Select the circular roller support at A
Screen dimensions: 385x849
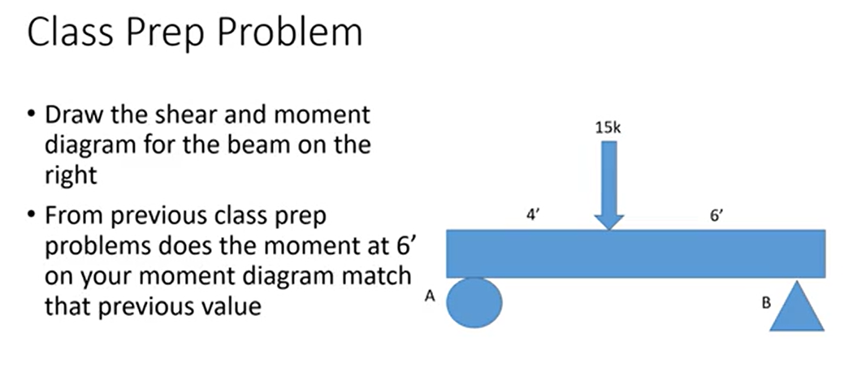[476, 302]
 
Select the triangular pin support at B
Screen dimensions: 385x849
[797, 307]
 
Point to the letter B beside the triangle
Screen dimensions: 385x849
[765, 305]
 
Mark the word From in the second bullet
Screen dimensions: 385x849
[68, 218]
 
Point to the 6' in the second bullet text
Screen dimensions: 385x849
[383, 247]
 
